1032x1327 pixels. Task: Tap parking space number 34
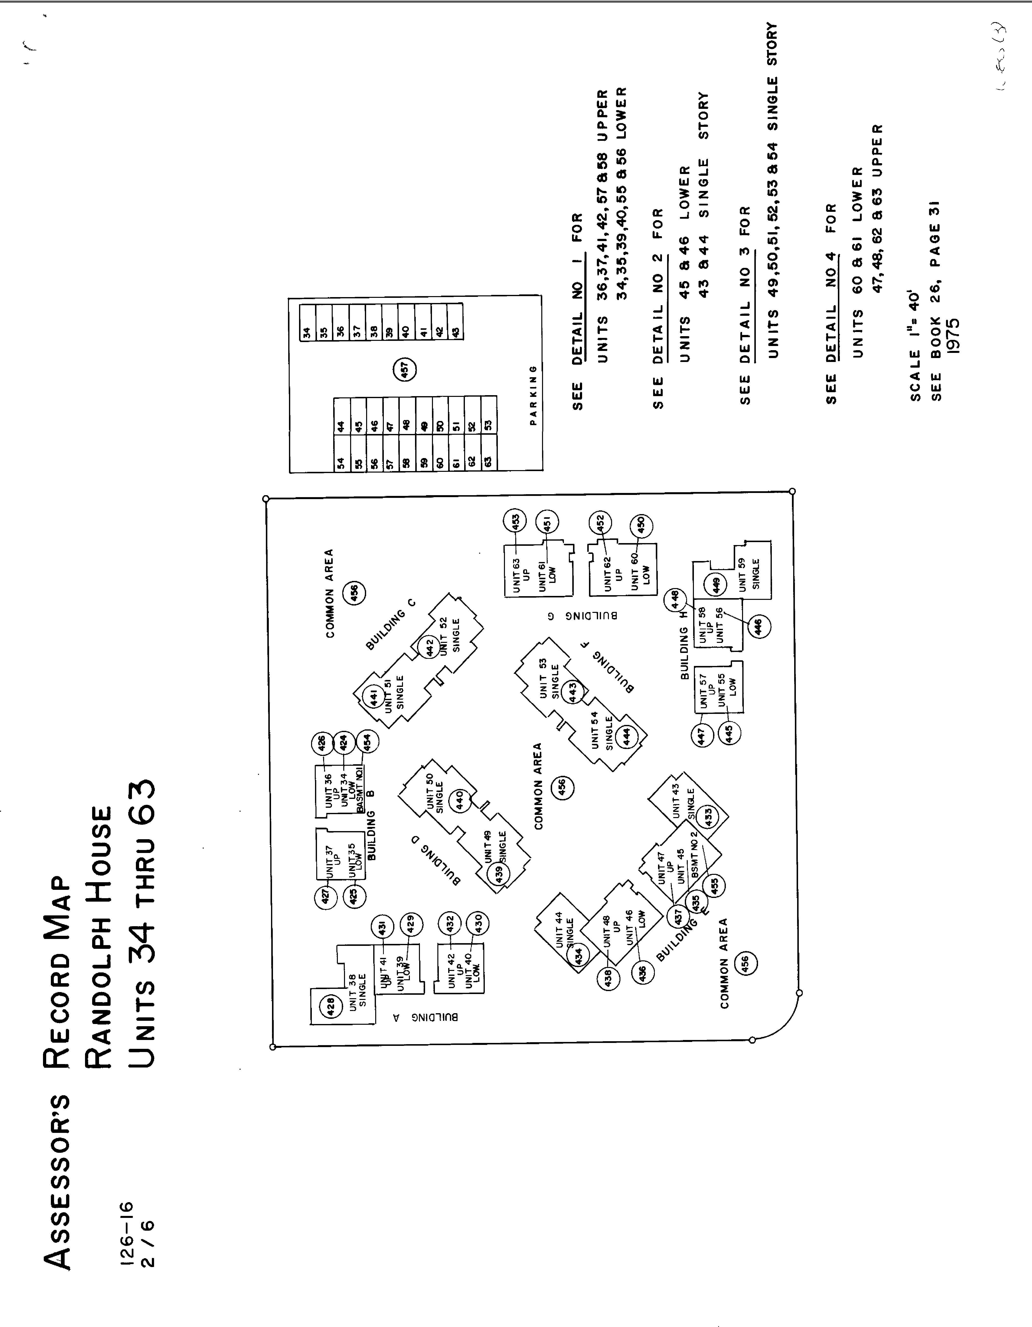pos(307,332)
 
